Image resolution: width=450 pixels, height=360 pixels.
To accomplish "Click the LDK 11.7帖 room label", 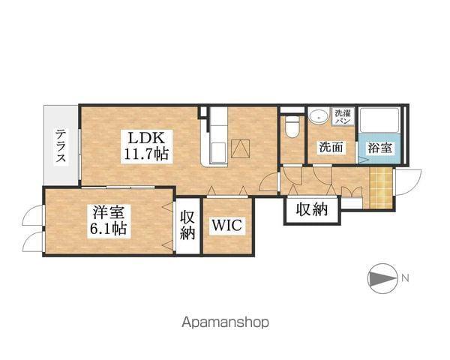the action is (x=146, y=146).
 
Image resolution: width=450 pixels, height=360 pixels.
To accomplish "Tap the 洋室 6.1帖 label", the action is (x=109, y=220).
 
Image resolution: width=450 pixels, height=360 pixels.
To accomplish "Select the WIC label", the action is (x=226, y=226).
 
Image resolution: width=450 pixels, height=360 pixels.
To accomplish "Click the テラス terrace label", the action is (x=61, y=146).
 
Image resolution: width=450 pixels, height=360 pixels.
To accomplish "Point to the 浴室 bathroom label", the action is (x=379, y=148).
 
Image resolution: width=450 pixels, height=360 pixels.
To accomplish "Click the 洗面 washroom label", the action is (x=331, y=147).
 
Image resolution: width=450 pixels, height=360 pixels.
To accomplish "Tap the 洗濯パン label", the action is (x=343, y=116).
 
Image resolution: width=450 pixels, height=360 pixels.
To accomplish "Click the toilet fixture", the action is (x=292, y=128).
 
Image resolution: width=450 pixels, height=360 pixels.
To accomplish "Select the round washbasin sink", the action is (x=318, y=116).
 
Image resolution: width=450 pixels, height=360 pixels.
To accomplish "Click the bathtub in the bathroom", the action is (x=379, y=121).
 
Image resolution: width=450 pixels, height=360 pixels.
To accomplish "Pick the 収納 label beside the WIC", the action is (x=187, y=225).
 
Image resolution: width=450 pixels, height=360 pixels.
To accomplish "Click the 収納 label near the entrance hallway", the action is (x=312, y=209).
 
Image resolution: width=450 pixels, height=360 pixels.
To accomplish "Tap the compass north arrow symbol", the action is (x=382, y=278).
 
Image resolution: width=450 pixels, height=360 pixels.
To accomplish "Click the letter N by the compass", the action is (x=405, y=278).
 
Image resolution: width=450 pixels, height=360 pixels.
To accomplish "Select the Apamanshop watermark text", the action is (x=225, y=322).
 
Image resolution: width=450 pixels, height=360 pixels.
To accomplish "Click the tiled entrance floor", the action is (x=381, y=187).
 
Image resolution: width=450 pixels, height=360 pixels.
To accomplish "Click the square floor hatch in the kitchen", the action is (x=241, y=148).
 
